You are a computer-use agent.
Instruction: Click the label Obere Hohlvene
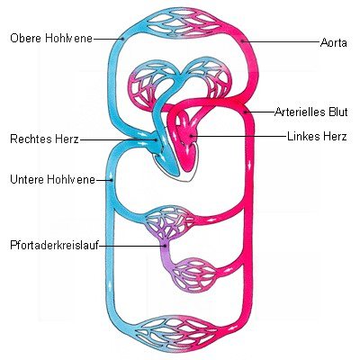pos(51,39)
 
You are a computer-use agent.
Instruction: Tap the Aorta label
pos(334,42)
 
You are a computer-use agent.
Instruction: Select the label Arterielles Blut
pos(311,112)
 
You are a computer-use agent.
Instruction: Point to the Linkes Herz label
pos(317,136)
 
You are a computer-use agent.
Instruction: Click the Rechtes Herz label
pos(44,139)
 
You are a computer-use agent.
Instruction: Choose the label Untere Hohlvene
pos(52,180)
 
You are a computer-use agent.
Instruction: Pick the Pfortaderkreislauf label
pos(54,245)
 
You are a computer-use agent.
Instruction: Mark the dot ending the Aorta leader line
pos(242,41)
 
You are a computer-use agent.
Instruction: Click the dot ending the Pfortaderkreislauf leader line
pos(165,246)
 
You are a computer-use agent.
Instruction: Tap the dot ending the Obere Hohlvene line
pos(122,39)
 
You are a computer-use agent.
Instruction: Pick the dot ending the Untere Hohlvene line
pos(112,180)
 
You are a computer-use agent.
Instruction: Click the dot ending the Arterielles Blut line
pos(246,112)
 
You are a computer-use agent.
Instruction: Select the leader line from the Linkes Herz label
pos(238,137)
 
